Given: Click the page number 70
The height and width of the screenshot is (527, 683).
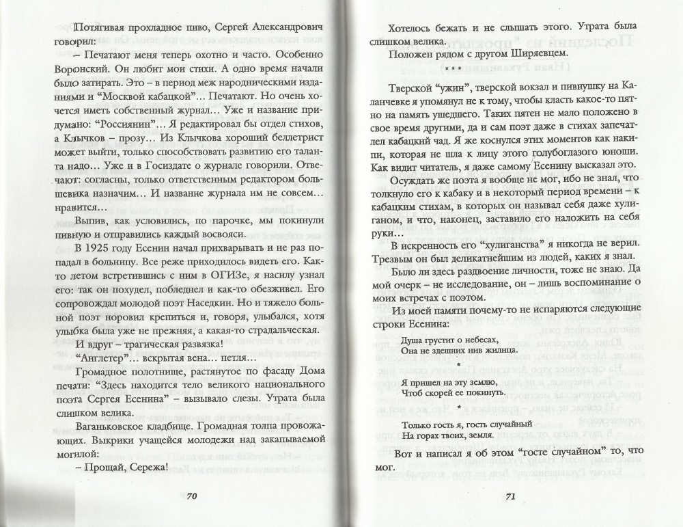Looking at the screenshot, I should (x=192, y=496).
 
